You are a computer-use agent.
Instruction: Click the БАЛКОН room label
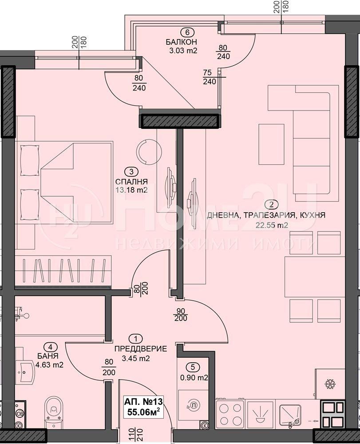pos(181,42)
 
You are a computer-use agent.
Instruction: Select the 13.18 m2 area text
pos(131,190)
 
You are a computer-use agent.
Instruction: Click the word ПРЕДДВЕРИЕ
pos(141,349)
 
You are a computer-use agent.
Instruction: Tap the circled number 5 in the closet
pos(193,367)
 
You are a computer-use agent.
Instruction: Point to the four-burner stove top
pos(230,414)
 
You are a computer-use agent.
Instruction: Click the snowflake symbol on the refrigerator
pos(330,384)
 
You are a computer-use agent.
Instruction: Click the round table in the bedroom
pos(146,151)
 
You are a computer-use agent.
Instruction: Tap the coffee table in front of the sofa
pos(271,144)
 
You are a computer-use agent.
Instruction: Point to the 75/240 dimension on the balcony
pos(209,77)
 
